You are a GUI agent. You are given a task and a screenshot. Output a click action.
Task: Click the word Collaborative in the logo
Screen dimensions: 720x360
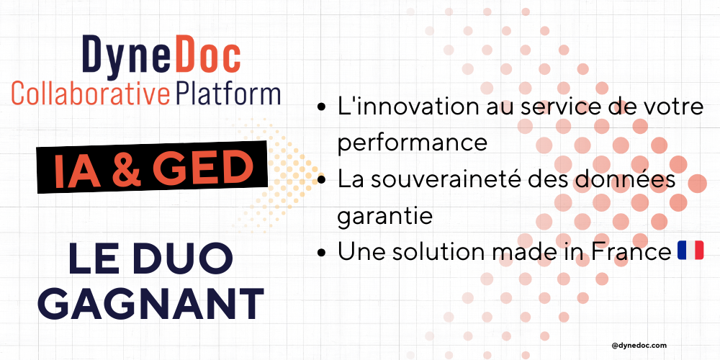(x=91, y=93)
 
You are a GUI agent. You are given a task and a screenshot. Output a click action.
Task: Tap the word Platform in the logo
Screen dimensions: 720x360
(x=228, y=93)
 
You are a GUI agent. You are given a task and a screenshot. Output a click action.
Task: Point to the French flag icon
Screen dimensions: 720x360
(x=690, y=251)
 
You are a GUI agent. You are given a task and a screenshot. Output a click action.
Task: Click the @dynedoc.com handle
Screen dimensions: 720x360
(x=639, y=346)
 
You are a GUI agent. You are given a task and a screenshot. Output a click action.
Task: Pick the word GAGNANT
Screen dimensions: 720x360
(x=151, y=305)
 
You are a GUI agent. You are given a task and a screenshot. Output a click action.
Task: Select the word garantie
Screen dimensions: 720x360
(x=384, y=216)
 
